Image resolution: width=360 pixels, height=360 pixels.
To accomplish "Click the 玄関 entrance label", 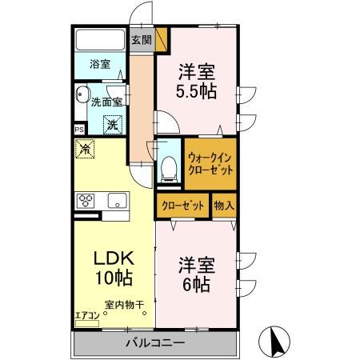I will tap(141, 40).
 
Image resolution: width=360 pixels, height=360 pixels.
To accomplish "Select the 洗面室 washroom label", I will tap(106, 102).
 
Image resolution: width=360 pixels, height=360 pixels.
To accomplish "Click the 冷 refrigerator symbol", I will tap(83, 148).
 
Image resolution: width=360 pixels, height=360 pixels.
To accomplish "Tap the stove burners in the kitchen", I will tap(86, 200).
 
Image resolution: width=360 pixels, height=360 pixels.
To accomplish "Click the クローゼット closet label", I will tap(182, 206).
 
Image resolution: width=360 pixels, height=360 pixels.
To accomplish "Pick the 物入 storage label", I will tap(223, 206).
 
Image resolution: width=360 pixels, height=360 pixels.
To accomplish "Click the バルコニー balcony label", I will tap(156, 343).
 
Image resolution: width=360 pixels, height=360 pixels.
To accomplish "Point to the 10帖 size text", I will tap(113, 279).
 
